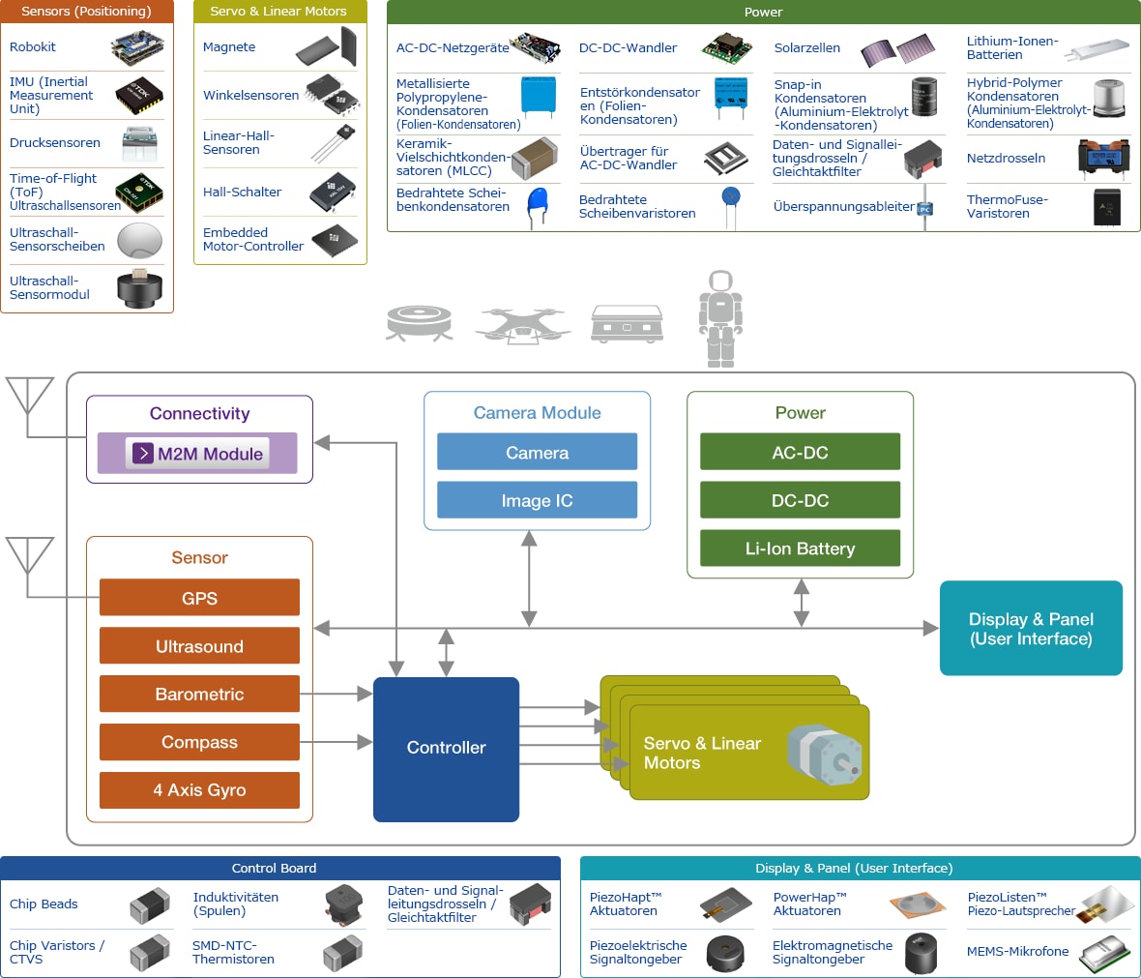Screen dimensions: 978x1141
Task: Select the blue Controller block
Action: [x=446, y=748]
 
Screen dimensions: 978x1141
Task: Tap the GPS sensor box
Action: [x=199, y=598]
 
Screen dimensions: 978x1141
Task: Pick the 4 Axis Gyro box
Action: [x=199, y=789]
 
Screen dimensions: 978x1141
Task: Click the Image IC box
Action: [x=537, y=500]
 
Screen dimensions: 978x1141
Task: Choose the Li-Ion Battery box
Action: [x=800, y=548]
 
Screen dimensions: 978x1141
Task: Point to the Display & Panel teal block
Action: [x=1031, y=628]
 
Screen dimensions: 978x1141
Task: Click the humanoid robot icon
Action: [x=720, y=317]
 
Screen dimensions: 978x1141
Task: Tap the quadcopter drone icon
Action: [x=520, y=324]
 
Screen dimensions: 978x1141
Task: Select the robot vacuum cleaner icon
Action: [x=419, y=322]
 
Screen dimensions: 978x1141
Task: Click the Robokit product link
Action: [x=33, y=46]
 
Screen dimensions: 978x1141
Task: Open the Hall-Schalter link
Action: [x=242, y=192]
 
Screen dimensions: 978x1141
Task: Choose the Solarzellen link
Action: [x=806, y=47]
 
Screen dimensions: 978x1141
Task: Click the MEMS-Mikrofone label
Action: [x=1018, y=951]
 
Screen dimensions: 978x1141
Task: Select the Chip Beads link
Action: [x=44, y=904]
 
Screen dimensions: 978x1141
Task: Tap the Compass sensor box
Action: [x=199, y=742]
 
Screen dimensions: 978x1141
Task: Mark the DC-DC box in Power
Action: [x=800, y=500]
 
